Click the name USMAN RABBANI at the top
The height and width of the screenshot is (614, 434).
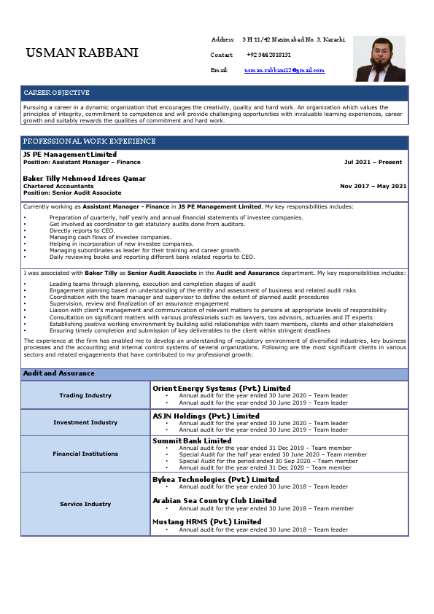81,53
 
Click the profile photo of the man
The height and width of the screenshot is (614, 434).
379,59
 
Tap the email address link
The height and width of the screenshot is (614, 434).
284,70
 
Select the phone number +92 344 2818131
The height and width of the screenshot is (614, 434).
268,55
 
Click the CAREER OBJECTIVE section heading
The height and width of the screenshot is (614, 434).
56,93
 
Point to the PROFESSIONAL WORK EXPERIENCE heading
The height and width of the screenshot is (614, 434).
89,141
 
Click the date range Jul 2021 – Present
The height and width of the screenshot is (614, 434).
373,162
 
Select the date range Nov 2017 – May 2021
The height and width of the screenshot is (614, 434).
373,186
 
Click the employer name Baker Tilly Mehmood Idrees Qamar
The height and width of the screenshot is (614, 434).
85,179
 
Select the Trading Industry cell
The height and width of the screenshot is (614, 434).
85,395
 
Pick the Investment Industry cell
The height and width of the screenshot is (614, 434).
85,422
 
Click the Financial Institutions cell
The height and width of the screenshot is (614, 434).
85,454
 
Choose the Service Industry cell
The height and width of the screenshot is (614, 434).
85,504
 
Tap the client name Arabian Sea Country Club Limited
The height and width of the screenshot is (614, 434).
214,500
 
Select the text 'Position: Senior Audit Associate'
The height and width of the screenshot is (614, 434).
72,193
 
